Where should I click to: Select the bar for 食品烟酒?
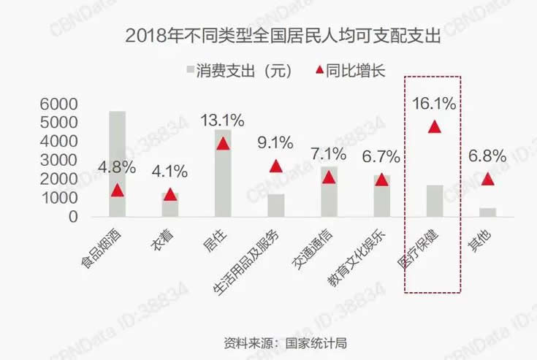coord(117,164)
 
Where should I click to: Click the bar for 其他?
coord(487,212)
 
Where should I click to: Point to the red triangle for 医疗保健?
coord(434,126)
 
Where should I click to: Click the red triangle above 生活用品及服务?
coord(275,166)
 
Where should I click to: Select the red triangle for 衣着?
coord(170,194)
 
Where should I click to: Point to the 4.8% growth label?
coord(117,166)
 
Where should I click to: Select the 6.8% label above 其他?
coord(487,156)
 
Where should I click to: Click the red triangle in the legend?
coord(318,71)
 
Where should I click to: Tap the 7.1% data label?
coord(328,154)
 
